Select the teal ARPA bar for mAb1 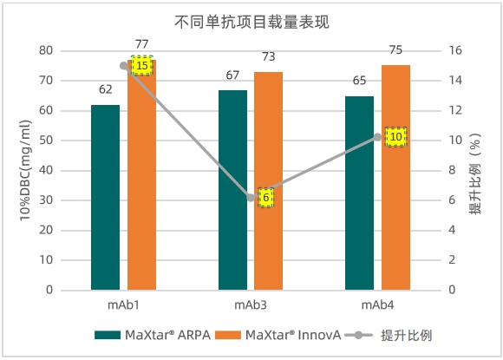coord(105,197)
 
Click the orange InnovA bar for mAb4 coord(395,178)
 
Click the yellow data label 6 coord(265,198)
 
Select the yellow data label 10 coord(395,137)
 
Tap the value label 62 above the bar coord(105,89)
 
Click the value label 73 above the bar coord(268,57)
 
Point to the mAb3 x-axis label coord(250,305)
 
